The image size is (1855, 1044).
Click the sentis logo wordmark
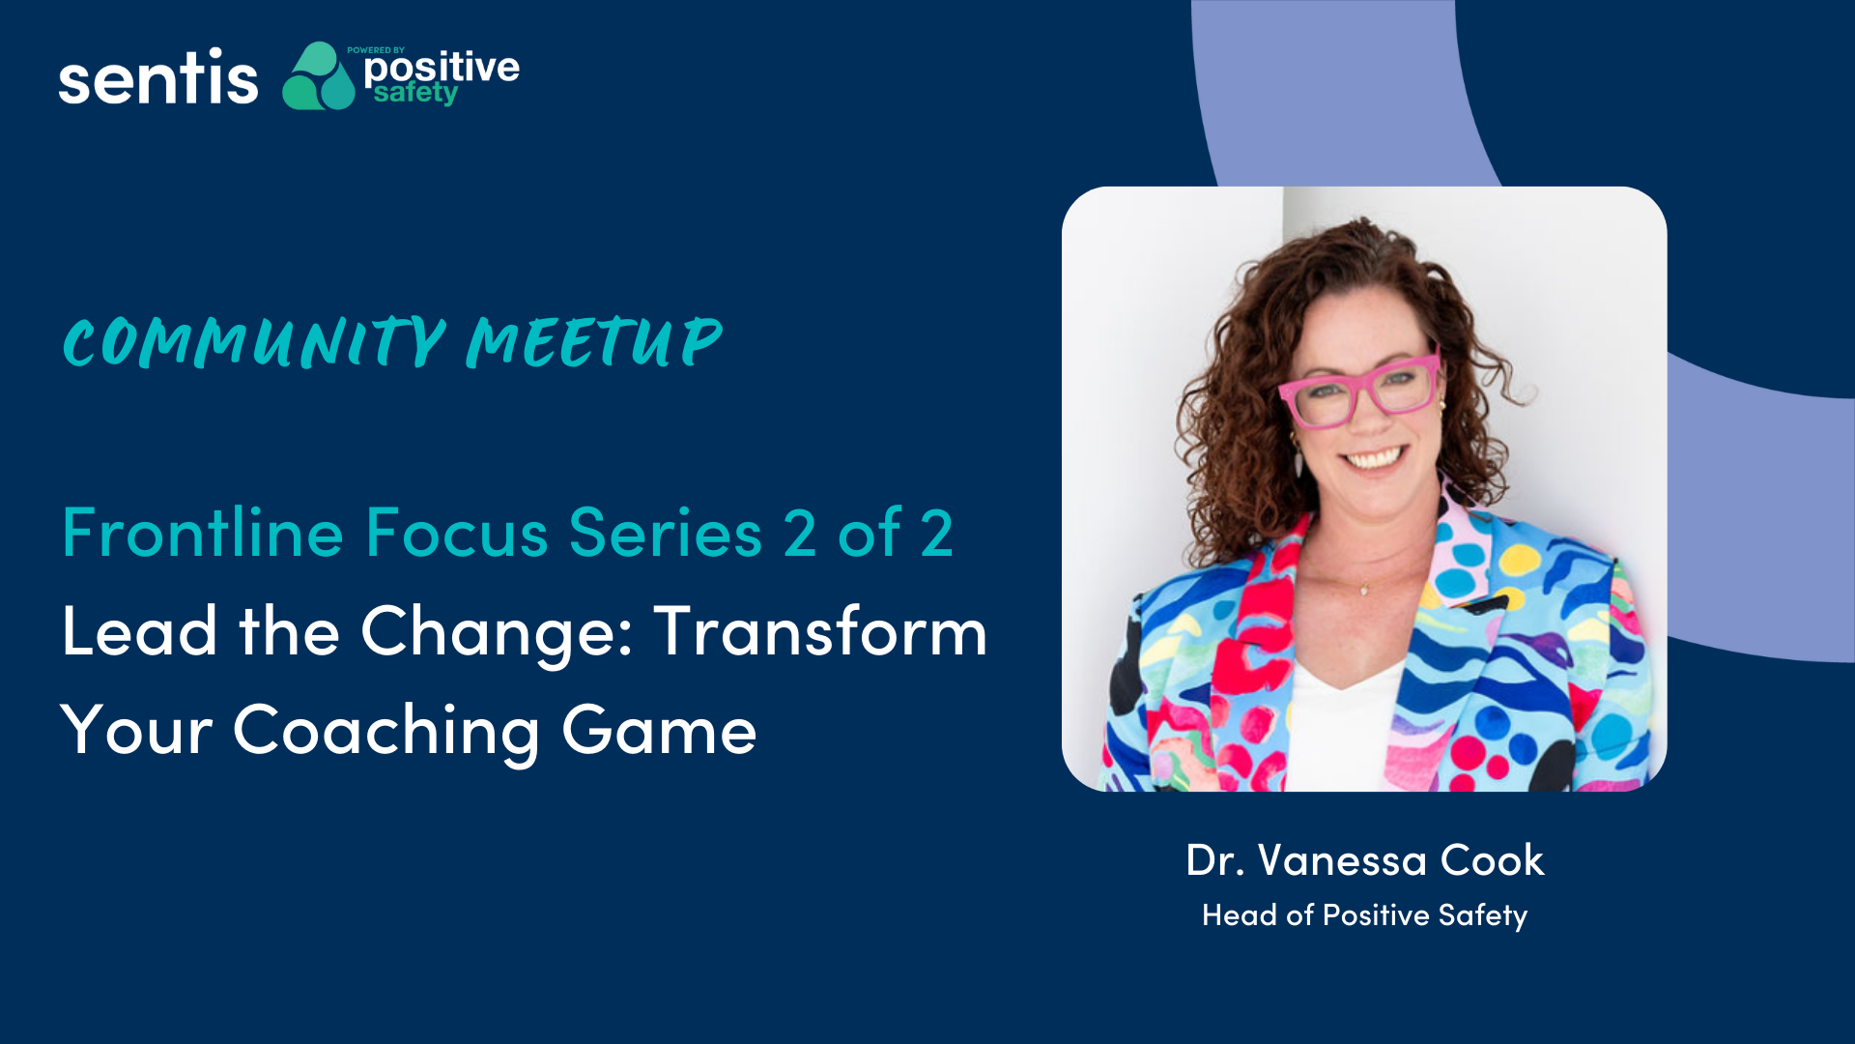pyautogui.click(x=158, y=77)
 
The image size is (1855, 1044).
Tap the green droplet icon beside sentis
pyautogui.click(x=319, y=75)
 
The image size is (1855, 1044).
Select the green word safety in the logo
pyautogui.click(x=415, y=93)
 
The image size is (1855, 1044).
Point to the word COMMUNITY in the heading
pyautogui.click(x=253, y=342)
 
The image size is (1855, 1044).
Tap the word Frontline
pyautogui.click(x=203, y=533)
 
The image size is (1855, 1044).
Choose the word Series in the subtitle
pyautogui.click(x=666, y=533)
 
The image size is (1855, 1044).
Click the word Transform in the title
pyautogui.click(x=820, y=631)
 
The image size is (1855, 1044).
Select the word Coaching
pyautogui.click(x=386, y=732)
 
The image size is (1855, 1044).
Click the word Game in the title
pyautogui.click(x=659, y=732)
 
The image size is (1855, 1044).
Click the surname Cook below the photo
pyautogui.click(x=1493, y=860)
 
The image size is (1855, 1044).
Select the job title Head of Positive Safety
pyautogui.click(x=1365, y=915)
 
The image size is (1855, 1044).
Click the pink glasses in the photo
pyautogui.click(x=1359, y=391)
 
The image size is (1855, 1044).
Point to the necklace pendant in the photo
pyautogui.click(x=1364, y=590)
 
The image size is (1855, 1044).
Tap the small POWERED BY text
pyautogui.click(x=376, y=50)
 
